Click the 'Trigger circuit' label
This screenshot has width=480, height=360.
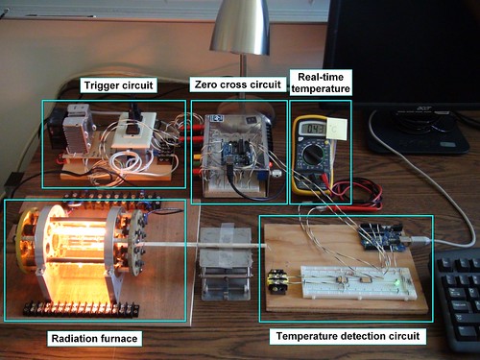[x=118, y=86]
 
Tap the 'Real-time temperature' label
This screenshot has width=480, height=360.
[x=321, y=82]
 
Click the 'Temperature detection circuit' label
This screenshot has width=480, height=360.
[x=347, y=336]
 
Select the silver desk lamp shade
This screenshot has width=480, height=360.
[x=240, y=29]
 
